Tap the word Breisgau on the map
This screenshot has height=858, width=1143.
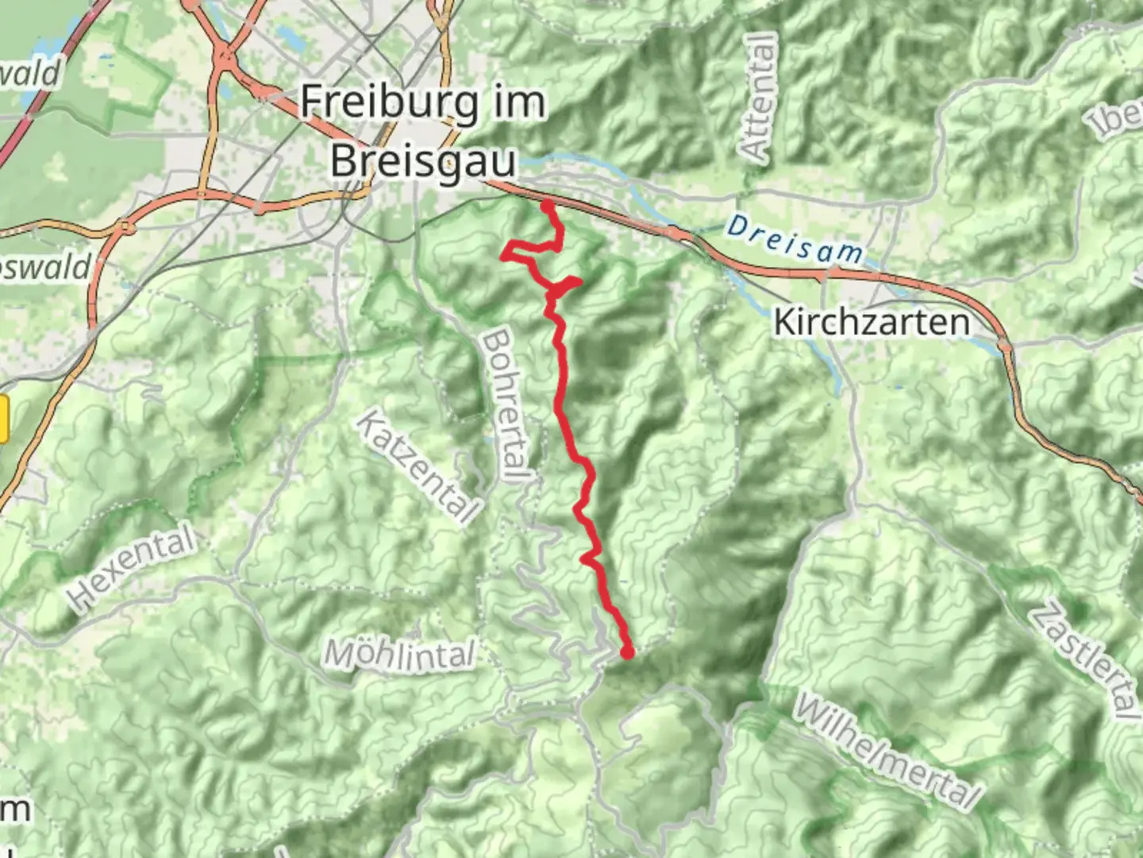(x=423, y=161)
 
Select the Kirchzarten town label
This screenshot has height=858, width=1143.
(x=871, y=323)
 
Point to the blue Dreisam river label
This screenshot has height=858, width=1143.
(x=795, y=240)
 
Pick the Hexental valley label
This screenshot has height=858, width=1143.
(x=132, y=568)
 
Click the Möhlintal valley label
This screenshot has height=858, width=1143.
(x=400, y=656)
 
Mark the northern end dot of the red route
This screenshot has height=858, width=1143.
(x=548, y=207)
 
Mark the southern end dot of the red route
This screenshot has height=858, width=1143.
(x=628, y=653)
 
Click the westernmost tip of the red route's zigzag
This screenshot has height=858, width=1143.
(x=503, y=255)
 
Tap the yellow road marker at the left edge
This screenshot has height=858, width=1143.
(x=3, y=419)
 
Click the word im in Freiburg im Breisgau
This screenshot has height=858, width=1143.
(x=515, y=103)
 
